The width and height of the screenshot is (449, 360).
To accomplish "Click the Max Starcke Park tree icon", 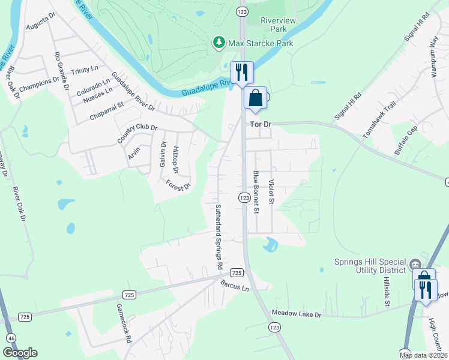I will (219, 43).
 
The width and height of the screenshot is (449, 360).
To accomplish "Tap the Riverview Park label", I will (278, 25).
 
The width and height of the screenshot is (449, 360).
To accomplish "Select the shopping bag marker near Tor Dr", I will (255, 98).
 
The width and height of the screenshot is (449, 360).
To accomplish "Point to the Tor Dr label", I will (261, 124).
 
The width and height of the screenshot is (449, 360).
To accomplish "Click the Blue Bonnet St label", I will (256, 192).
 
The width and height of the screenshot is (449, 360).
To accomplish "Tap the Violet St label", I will (271, 191).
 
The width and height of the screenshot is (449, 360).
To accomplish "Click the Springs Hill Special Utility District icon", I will (415, 265).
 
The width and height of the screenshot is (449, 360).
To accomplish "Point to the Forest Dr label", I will (178, 185).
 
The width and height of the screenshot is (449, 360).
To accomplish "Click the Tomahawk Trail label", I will (380, 117).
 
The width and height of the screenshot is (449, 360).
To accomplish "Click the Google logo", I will (20, 353).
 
